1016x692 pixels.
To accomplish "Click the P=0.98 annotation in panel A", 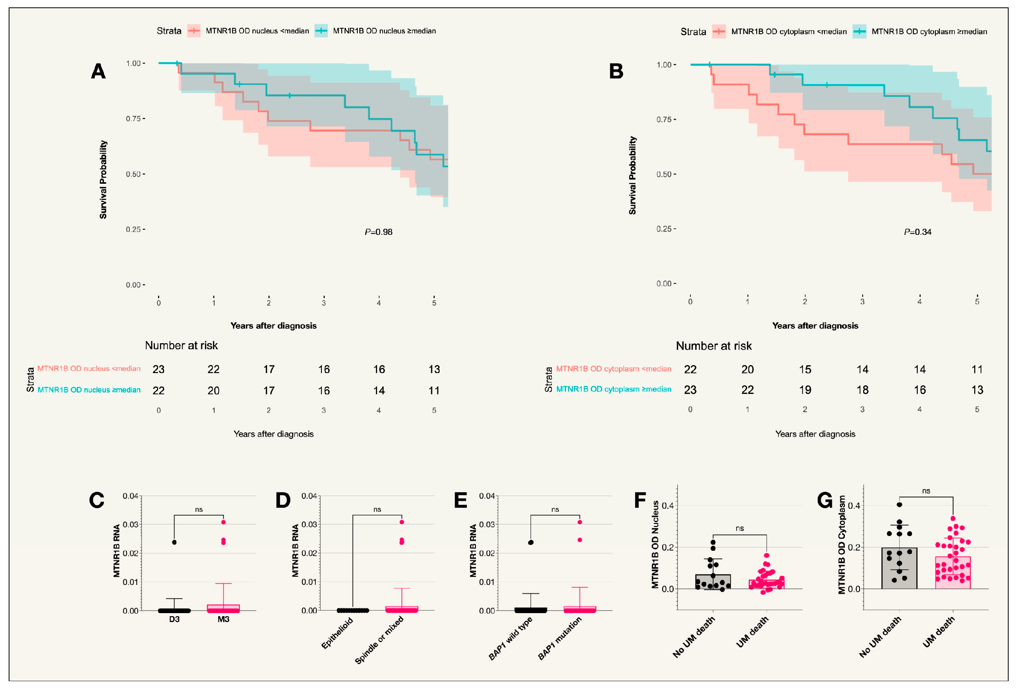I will click(378, 232).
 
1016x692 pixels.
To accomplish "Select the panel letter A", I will click(98, 71).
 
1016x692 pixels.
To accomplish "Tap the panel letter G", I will click(825, 500).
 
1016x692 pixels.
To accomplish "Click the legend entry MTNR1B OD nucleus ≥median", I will click(384, 31).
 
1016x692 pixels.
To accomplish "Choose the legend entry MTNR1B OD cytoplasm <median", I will click(788, 32).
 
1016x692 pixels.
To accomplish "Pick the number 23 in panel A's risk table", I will click(158, 369).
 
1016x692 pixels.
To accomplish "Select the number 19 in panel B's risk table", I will click(805, 390).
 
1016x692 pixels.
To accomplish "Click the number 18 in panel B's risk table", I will click(862, 390).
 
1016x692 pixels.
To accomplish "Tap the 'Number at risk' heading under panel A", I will click(181, 345).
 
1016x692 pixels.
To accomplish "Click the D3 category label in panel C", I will click(174, 619).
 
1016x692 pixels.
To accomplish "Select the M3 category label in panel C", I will click(223, 619).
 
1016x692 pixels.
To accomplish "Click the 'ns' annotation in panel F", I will click(739, 528).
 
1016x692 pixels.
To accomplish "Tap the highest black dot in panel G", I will click(899, 505).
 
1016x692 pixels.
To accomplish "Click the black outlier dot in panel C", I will click(174, 543).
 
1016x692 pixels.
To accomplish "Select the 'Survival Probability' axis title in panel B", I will click(632, 175).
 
